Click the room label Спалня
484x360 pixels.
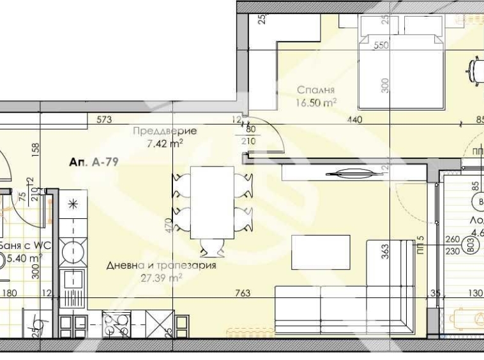316,90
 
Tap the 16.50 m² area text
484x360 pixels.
316,101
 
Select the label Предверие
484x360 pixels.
164,131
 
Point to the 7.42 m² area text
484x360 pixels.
164,143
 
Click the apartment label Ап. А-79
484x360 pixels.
93,163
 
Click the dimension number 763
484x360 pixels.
242,293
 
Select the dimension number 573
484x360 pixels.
104,119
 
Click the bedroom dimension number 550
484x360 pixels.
381,46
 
